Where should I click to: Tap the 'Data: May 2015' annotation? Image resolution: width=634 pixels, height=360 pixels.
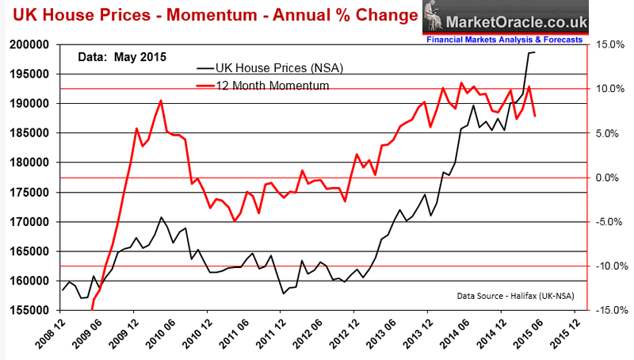(121, 56)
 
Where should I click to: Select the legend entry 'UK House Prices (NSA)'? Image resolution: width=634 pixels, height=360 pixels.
(271, 67)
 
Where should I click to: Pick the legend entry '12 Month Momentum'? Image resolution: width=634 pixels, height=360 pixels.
(261, 85)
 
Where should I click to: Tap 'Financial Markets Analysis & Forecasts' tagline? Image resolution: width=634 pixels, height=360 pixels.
(504, 39)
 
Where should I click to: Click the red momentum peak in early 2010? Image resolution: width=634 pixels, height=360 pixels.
(161, 101)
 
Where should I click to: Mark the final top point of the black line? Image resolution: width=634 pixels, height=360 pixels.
(534, 52)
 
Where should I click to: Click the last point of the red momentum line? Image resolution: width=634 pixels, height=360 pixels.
(535, 117)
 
